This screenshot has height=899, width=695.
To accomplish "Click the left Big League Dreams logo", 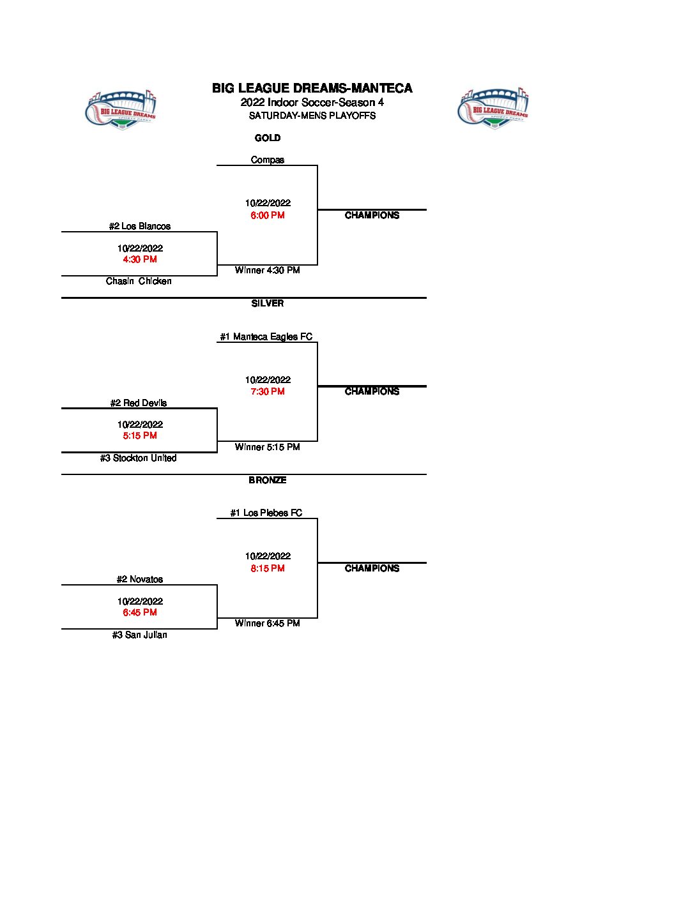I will coord(121,109).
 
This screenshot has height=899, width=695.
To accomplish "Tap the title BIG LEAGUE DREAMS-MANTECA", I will coord(312,89).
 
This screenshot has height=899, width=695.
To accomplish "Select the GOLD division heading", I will coord(268,138).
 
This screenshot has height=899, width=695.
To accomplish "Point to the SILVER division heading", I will coord(268,303).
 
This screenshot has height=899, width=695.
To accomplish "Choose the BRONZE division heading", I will coord(268,480).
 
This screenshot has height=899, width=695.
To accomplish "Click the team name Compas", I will coord(268,160).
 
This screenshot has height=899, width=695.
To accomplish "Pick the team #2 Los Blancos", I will coord(140,226).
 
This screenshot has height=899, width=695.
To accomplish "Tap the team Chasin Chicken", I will coord(139,281).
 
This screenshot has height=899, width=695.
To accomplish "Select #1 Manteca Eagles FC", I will coord(266,336).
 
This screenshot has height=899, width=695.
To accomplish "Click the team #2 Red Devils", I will coord(139,403).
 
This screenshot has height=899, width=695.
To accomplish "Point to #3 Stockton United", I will coord(139,458).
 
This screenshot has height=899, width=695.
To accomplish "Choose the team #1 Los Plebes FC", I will coord(266,513).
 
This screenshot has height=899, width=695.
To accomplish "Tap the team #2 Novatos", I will coord(140,579).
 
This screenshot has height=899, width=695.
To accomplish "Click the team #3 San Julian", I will coord(140,635).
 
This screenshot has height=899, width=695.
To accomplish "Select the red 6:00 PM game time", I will coord(268,215).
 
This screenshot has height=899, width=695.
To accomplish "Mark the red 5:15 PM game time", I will coord(140,435).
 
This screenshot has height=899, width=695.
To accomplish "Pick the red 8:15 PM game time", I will coord(268,568).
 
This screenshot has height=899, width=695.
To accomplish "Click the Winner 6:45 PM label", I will coord(268,623).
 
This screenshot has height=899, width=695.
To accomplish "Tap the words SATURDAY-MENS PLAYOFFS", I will coord(312,116).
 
